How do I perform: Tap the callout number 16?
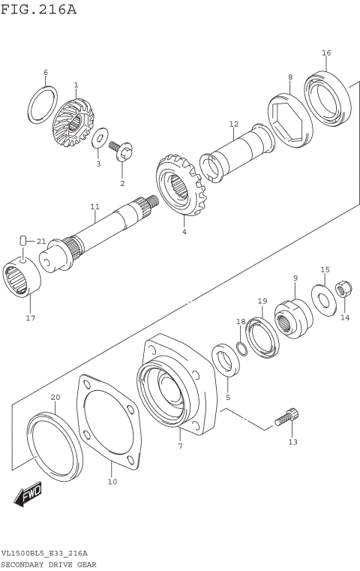coord(326,53)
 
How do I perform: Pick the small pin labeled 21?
coord(23,240)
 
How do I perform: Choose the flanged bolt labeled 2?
coord(121,152)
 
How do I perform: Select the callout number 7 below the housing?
coord(180,446)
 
